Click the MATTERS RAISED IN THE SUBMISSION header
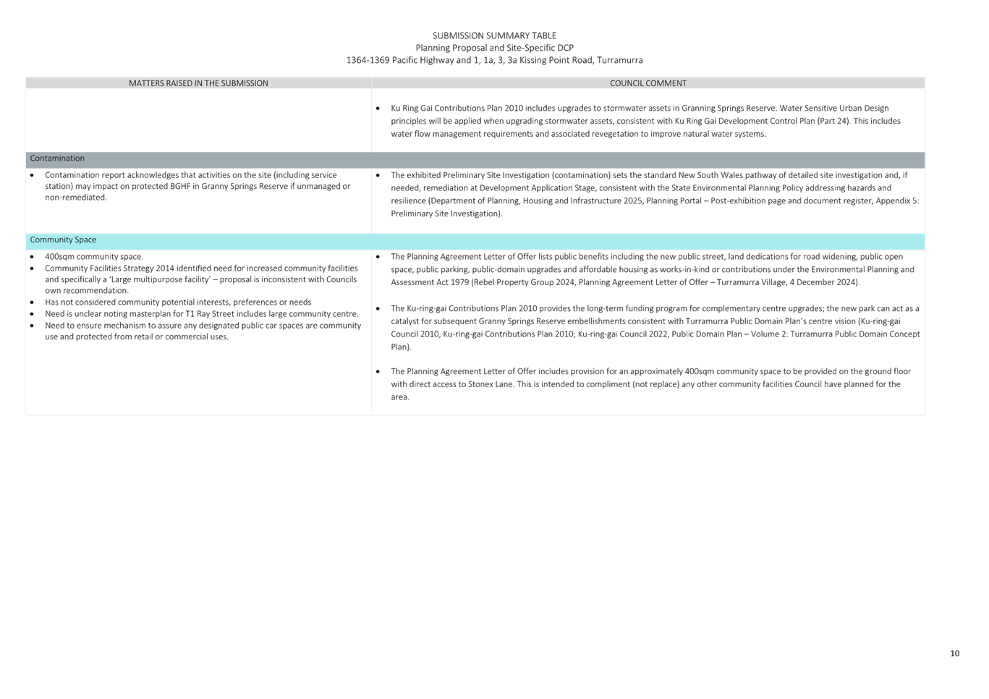click(x=198, y=83)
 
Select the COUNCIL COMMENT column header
click(x=648, y=83)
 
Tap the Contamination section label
click(x=57, y=158)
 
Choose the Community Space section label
click(x=63, y=240)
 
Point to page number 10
click(x=954, y=653)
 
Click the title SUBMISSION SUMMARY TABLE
click(x=494, y=35)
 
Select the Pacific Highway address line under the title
click(x=494, y=60)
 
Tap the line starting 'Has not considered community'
click(x=178, y=302)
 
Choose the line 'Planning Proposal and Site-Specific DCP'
click(x=494, y=48)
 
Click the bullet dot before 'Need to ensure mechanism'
click(x=33, y=326)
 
